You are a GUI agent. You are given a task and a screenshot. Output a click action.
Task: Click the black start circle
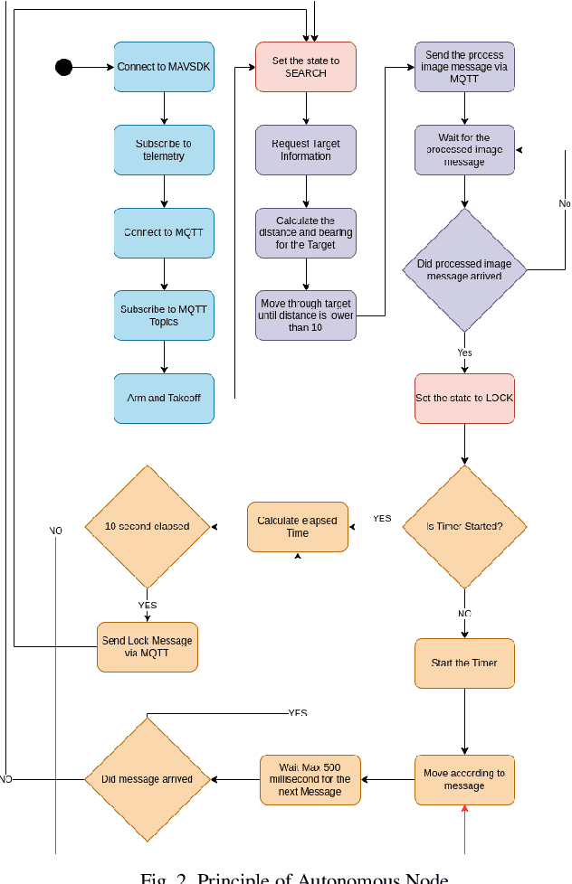pyautogui.click(x=63, y=67)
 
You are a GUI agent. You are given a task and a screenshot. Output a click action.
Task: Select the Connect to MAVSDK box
pyautogui.click(x=164, y=67)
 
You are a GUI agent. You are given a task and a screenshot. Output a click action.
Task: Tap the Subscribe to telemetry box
pyautogui.click(x=164, y=150)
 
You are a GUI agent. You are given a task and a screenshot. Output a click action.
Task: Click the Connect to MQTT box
pyautogui.click(x=164, y=233)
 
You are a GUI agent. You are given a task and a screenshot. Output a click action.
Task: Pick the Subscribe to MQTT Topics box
pyautogui.click(x=164, y=315)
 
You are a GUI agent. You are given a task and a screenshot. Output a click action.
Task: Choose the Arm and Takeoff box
pyautogui.click(x=164, y=398)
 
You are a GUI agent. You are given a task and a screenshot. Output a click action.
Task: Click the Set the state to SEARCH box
pyautogui.click(x=306, y=67)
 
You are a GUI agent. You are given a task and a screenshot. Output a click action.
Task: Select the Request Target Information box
pyautogui.click(x=306, y=150)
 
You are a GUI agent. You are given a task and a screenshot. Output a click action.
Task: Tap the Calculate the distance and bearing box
pyautogui.click(x=306, y=233)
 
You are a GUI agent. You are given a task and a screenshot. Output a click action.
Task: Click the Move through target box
pyautogui.click(x=306, y=315)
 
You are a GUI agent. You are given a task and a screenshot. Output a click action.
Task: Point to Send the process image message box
pyautogui.click(x=464, y=67)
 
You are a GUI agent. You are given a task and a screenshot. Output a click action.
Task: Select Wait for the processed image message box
pyautogui.click(x=464, y=150)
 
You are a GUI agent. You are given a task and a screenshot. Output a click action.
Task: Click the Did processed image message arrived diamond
pyautogui.click(x=464, y=270)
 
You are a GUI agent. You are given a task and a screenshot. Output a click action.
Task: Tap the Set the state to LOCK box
pyautogui.click(x=464, y=398)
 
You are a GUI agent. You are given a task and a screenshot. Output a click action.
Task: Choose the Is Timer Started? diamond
pyautogui.click(x=464, y=526)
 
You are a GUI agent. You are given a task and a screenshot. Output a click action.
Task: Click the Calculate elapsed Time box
pyautogui.click(x=297, y=527)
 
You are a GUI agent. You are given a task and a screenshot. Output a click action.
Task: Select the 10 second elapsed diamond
pyautogui.click(x=147, y=526)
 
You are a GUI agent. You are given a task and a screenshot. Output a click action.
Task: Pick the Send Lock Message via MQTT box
pyautogui.click(x=147, y=646)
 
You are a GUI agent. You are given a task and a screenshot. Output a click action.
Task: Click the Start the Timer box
pyautogui.click(x=464, y=663)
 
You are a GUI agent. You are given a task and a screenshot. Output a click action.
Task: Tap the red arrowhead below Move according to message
pyautogui.click(x=464, y=809)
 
